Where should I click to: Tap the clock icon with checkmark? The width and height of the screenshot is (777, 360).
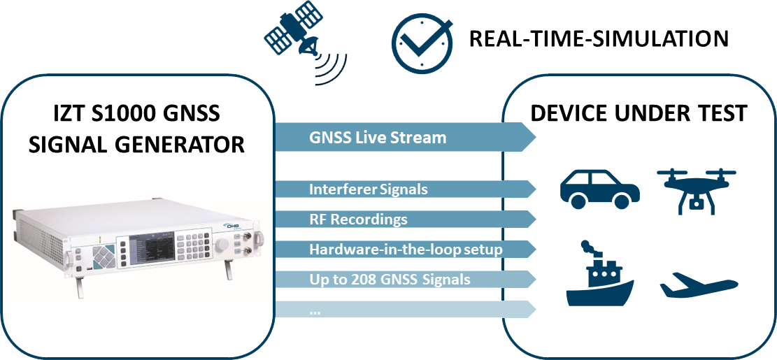click(422, 43)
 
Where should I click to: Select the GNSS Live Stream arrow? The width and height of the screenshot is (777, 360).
click(405, 137)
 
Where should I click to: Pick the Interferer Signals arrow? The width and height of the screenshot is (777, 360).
click(405, 189)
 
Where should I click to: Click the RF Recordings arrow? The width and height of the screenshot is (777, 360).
click(405, 219)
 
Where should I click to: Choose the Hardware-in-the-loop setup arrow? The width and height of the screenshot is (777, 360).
click(405, 249)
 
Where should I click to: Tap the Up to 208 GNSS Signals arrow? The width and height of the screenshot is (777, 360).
click(405, 280)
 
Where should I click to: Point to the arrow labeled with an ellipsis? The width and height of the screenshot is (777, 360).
click(405, 310)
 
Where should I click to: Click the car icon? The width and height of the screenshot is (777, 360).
click(599, 189)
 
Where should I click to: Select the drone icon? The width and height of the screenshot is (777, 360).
click(697, 192)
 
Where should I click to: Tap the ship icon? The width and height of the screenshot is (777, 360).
click(599, 274)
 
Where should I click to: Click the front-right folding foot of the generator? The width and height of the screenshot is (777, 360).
click(229, 270)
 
